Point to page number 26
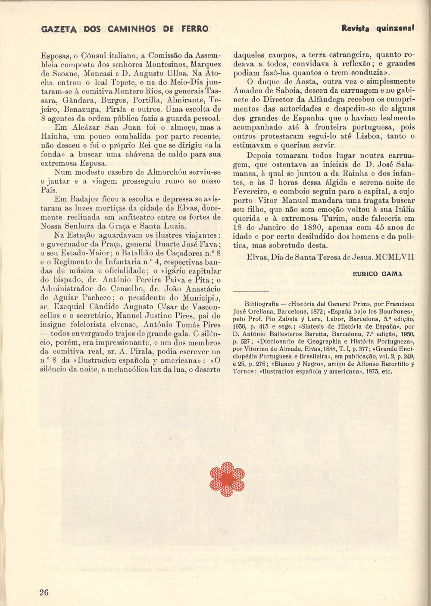43,591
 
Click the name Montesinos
143,64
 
